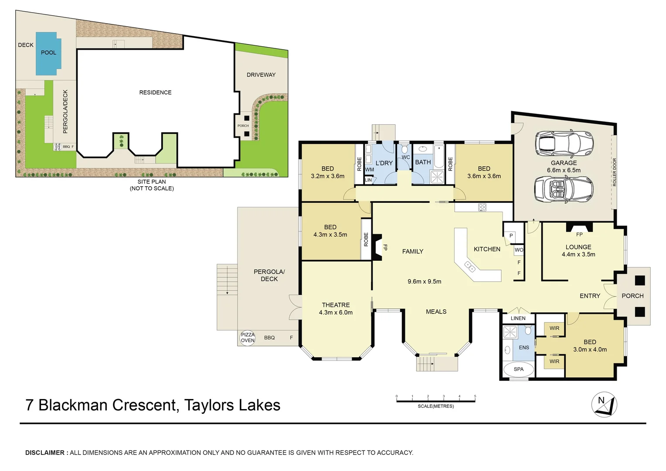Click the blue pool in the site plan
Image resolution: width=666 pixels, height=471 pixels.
click(48, 54)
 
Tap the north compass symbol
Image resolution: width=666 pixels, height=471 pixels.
click(604, 404)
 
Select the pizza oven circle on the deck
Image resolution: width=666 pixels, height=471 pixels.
click(248, 338)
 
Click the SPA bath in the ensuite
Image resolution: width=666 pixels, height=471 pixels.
click(518, 369)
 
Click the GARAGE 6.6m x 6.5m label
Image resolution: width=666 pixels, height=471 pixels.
click(564, 167)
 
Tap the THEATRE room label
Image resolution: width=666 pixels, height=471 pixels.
click(336, 308)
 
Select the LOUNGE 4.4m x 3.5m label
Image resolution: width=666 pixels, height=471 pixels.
click(578, 250)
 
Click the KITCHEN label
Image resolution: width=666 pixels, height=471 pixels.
click(487, 249)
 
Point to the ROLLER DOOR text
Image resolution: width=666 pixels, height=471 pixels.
click(615, 172)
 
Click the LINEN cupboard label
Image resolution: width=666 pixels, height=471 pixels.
click(518, 318)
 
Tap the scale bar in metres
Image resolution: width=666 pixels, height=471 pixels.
click(435, 400)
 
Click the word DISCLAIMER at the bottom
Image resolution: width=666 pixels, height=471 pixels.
click(45, 453)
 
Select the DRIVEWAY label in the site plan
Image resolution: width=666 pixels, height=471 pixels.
click(261, 75)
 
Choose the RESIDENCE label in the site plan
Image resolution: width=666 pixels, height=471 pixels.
click(155, 92)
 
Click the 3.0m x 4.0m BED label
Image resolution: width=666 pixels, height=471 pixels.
click(590, 346)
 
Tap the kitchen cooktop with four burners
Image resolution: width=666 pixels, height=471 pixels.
click(482, 207)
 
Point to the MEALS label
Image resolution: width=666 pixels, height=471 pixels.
click(436, 311)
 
